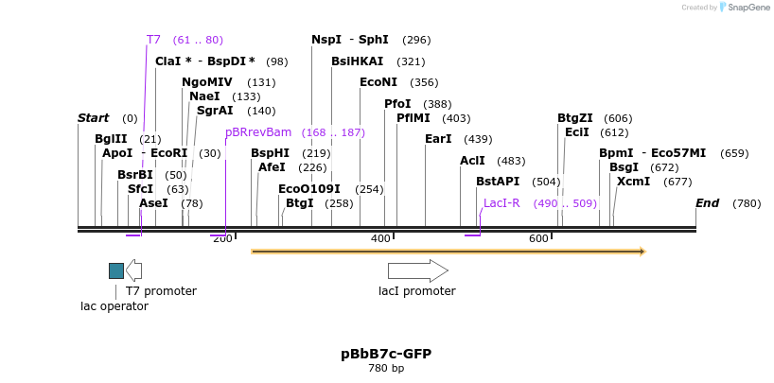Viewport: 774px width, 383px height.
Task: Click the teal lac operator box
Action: (116, 270)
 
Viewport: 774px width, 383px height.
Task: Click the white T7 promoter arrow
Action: (134, 270)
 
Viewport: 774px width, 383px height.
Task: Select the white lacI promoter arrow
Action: (417, 270)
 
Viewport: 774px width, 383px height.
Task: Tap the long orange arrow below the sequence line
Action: (448, 252)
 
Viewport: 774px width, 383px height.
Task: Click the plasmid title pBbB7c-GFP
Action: (386, 354)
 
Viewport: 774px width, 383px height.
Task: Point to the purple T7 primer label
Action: (153, 40)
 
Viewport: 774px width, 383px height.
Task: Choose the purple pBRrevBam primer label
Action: (258, 132)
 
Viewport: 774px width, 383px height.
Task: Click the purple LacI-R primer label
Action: (501, 203)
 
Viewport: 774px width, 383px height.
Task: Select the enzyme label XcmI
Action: (633, 182)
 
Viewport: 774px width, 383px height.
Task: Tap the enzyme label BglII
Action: (111, 139)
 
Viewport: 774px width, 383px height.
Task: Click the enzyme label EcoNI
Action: (378, 82)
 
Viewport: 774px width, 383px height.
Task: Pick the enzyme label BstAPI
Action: (498, 182)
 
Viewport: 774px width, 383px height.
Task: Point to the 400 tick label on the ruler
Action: (380, 238)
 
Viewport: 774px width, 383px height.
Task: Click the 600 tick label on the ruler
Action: (538, 238)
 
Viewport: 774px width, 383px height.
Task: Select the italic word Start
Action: (94, 118)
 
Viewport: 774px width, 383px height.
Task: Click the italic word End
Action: (708, 203)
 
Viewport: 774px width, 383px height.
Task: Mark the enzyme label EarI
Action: (438, 139)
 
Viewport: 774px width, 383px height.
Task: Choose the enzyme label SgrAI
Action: (215, 111)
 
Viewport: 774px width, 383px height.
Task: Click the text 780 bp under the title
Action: (386, 369)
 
